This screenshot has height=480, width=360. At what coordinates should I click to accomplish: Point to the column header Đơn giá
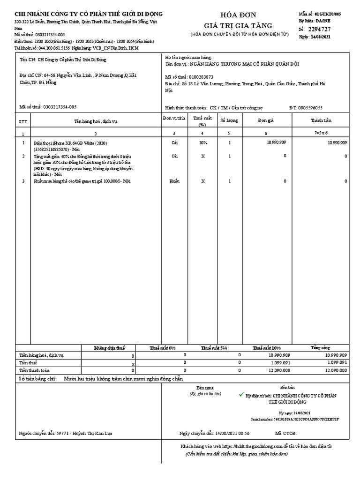265,120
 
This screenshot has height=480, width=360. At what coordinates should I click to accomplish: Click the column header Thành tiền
321,120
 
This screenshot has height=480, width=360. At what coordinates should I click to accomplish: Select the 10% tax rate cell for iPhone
202,142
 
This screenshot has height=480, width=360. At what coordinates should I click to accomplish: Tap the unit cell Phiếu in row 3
174,181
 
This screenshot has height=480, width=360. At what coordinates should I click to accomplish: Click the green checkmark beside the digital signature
241,395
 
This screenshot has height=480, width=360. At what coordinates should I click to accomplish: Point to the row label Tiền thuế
28,363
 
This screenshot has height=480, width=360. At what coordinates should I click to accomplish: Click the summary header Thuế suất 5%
214,348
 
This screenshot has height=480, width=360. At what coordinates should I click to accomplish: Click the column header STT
23,121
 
